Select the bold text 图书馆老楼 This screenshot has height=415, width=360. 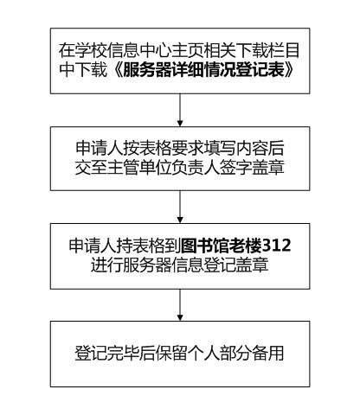222,246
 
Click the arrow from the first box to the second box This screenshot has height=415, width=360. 180,110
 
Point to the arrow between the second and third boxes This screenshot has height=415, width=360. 180,207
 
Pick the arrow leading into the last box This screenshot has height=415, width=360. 180,305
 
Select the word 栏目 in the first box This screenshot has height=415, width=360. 284,51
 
